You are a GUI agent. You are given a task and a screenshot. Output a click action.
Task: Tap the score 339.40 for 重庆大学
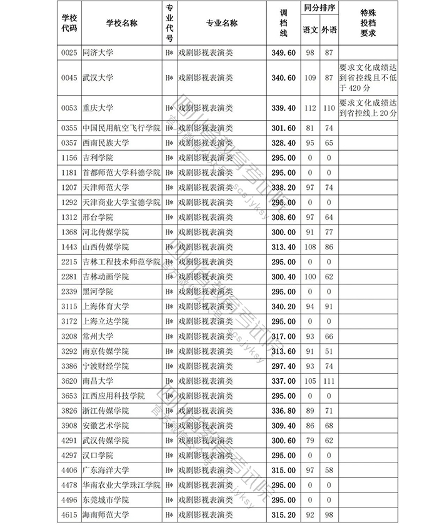[x=283, y=108]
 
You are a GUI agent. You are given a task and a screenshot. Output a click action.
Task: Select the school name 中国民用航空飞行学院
[x=121, y=128]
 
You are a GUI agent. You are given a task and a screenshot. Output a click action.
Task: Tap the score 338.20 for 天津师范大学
[x=283, y=187]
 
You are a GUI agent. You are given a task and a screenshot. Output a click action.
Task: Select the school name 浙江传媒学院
[x=106, y=411]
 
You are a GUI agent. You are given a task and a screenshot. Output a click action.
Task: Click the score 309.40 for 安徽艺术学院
[x=283, y=426]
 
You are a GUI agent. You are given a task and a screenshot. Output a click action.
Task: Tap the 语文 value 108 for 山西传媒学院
[x=309, y=247]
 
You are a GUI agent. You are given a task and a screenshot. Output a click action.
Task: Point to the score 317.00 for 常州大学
[x=283, y=336]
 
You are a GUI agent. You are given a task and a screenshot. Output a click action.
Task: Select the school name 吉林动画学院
[x=106, y=276]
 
